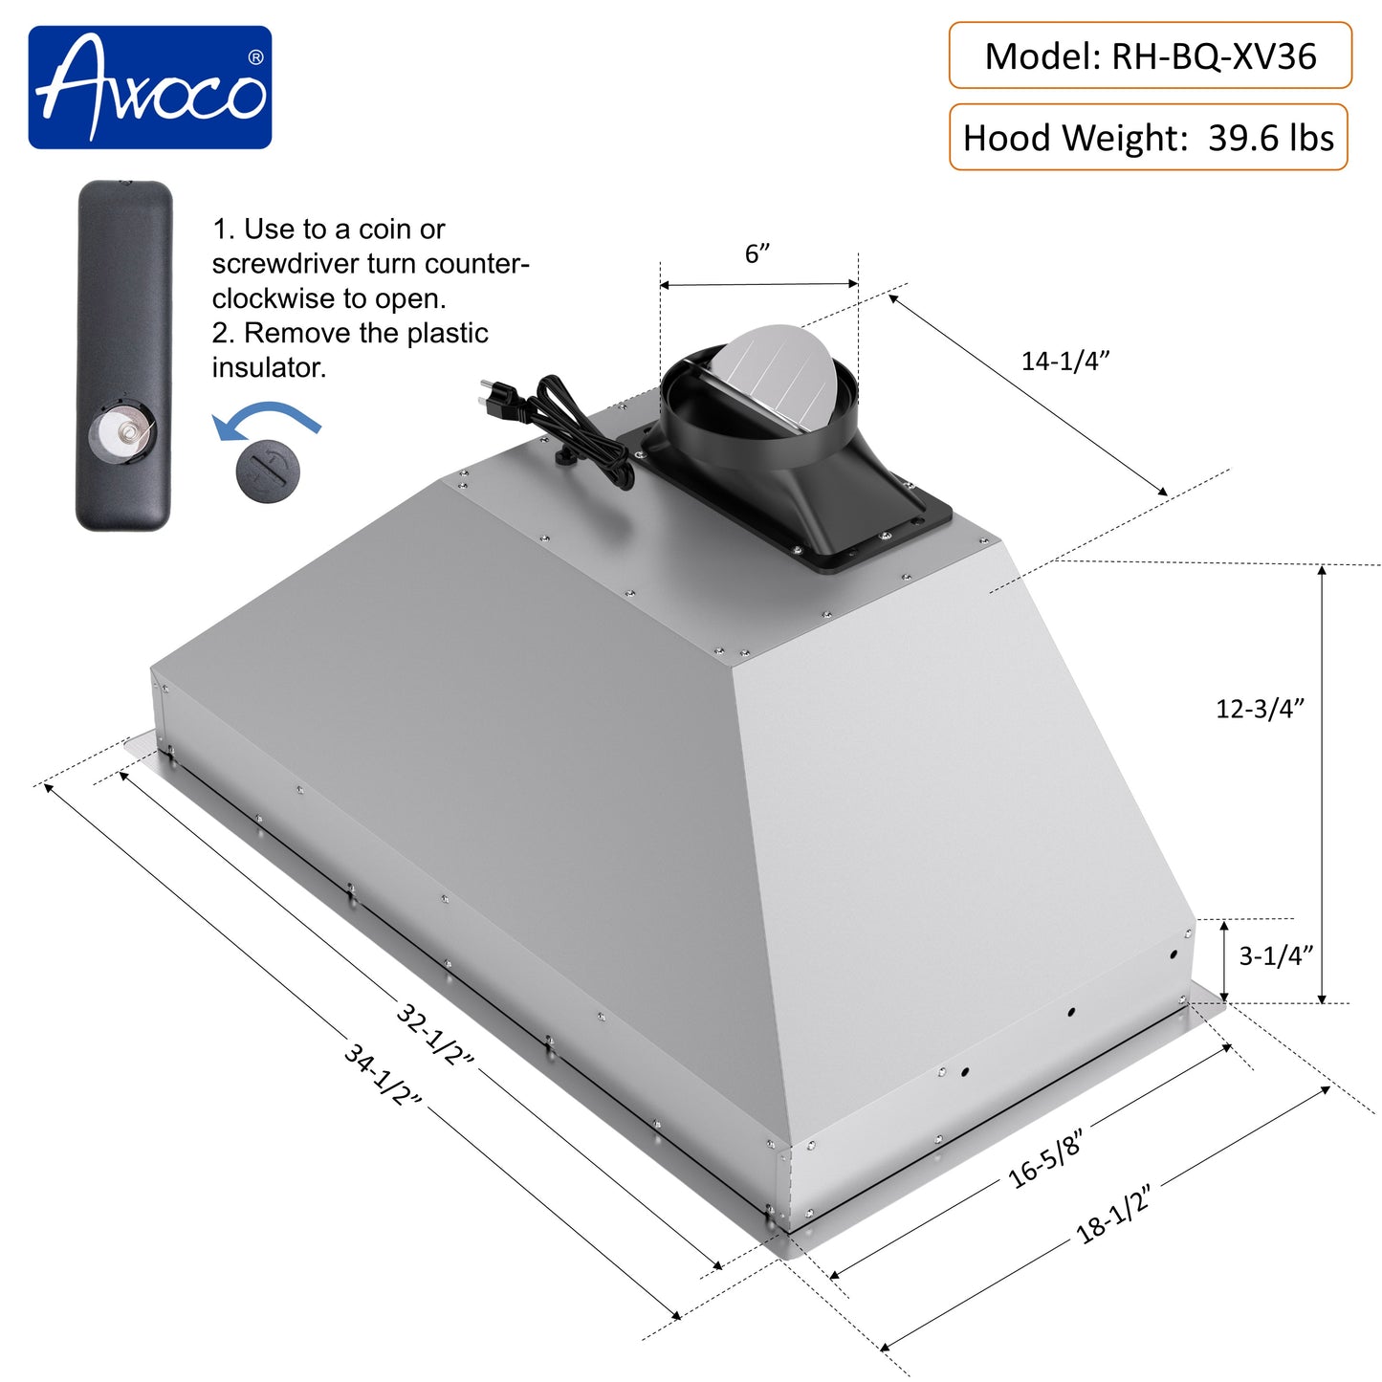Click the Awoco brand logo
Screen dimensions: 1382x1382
click(x=150, y=87)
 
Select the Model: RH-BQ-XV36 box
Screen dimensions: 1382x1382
click(x=1150, y=56)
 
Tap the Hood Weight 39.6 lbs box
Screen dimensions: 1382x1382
click(x=1148, y=138)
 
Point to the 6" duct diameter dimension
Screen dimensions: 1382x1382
click(x=757, y=254)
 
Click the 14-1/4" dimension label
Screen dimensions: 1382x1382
click(x=1064, y=361)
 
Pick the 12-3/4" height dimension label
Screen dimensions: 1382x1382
click(x=1260, y=709)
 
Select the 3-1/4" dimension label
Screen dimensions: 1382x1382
click(x=1276, y=955)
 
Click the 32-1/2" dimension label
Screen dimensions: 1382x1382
click(x=435, y=1034)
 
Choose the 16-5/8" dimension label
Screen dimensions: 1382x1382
click(x=1045, y=1157)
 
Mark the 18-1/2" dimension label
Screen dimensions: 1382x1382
click(x=1112, y=1213)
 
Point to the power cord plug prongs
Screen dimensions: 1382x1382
click(x=490, y=394)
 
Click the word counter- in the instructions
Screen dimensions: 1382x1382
click(x=476, y=264)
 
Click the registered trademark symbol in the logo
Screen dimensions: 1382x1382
click(x=255, y=57)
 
